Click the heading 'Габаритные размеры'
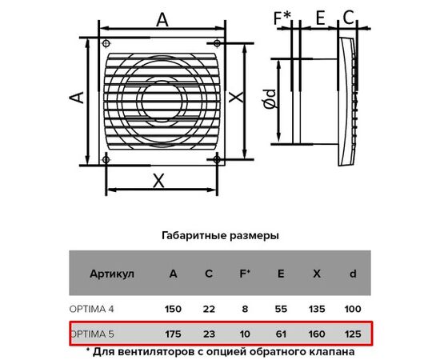(x=220, y=236)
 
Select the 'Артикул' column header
(x=112, y=274)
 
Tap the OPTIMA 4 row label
(x=92, y=310)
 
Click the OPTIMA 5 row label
(x=92, y=334)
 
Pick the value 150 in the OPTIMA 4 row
(x=173, y=310)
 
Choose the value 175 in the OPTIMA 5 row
(x=173, y=334)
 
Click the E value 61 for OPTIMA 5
(x=281, y=334)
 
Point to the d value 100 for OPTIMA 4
(x=353, y=310)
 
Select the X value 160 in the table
(x=317, y=334)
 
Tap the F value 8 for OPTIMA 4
(x=245, y=310)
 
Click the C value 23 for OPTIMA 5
(x=209, y=334)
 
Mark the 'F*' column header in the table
(x=245, y=274)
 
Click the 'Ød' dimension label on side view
(x=270, y=99)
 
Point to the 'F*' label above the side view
(x=282, y=18)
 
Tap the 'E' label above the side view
(x=320, y=18)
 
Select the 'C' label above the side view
(x=348, y=18)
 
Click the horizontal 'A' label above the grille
(x=162, y=20)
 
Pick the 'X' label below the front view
(x=158, y=181)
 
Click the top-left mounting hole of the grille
(x=106, y=43)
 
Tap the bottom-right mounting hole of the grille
(x=217, y=160)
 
